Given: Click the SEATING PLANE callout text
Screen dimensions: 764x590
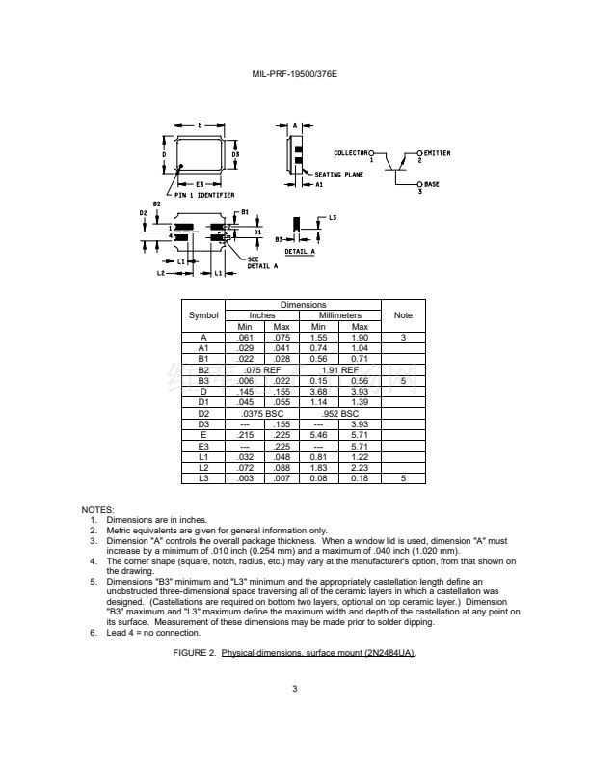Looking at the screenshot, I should pyautogui.click(x=338, y=175).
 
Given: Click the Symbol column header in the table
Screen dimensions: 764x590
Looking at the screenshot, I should pyautogui.click(x=203, y=315).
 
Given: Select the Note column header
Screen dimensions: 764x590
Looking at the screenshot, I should pyautogui.click(x=403, y=315).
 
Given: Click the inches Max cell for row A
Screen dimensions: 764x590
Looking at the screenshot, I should pyautogui.click(x=282, y=337).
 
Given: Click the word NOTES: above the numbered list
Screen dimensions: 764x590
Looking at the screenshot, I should pyautogui.click(x=97, y=509).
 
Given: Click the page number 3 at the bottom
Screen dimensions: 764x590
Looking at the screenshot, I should pyautogui.click(x=295, y=688).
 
